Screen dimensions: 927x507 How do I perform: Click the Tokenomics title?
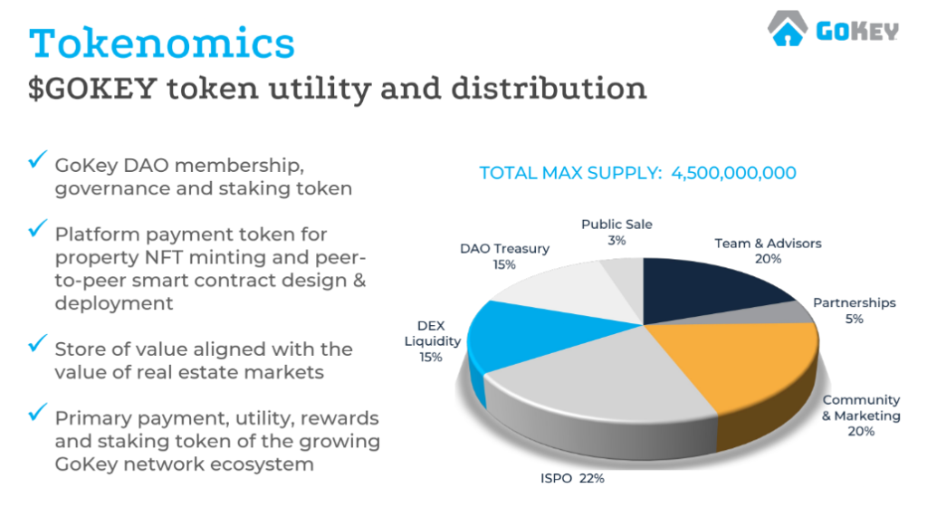coord(161,43)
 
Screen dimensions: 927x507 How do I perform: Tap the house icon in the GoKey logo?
coord(788,28)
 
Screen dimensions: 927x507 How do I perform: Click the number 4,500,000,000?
coord(733,173)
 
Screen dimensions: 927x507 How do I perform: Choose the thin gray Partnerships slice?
coord(780,313)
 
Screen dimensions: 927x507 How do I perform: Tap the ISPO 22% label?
coord(572,478)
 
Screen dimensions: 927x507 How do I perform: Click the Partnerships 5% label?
coord(855,311)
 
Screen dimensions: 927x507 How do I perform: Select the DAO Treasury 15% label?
coord(505,256)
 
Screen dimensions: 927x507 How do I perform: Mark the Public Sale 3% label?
coord(616,233)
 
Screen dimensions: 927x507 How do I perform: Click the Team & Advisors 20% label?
coord(768,251)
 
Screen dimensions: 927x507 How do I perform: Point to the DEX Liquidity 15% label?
coord(432,341)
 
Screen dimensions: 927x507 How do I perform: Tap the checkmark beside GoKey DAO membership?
coord(38,159)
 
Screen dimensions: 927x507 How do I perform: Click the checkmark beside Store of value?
coord(38,343)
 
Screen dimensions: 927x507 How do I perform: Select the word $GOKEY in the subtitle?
coord(93,89)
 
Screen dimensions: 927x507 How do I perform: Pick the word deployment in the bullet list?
coord(114,303)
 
